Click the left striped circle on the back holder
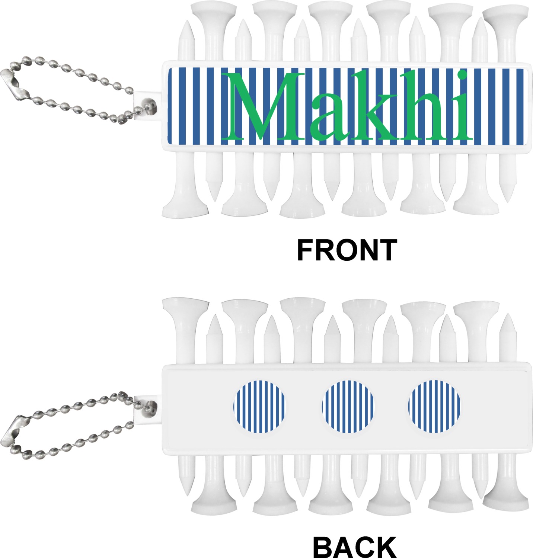[x=259, y=406]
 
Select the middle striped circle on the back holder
[x=348, y=406]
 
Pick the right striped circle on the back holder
[x=434, y=406]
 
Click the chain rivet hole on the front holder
[x=150, y=103]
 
